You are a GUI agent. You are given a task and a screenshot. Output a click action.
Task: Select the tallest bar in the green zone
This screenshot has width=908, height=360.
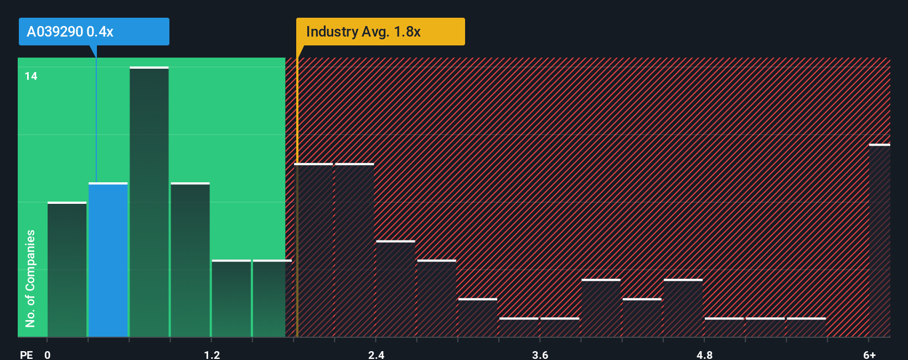coord(149,202)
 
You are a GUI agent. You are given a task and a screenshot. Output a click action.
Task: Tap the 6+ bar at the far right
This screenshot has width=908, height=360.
coord(879,240)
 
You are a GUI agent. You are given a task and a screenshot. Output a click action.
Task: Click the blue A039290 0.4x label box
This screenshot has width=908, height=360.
coord(94,32)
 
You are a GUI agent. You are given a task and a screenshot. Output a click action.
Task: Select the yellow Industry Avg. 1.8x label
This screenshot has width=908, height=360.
coord(380,32)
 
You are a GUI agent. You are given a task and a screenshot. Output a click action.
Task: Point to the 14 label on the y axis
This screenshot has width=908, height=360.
coord(31,76)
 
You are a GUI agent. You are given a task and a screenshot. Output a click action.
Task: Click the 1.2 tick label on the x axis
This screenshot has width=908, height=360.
coord(211,354)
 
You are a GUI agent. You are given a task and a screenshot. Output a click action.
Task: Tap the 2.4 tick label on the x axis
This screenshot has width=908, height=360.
coord(376,354)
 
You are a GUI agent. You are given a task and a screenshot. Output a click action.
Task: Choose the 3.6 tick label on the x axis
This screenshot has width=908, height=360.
coord(540,354)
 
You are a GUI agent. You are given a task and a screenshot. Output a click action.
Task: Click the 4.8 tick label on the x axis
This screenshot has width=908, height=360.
coord(704,354)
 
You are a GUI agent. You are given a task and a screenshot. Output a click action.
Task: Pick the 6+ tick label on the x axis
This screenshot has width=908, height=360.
coord(869,354)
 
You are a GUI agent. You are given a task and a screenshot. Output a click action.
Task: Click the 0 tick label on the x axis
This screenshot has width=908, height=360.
coord(48,354)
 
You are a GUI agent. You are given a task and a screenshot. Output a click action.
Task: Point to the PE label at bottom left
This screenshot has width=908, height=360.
coord(26,354)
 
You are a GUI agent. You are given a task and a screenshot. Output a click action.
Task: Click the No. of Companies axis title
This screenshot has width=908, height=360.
coord(30,278)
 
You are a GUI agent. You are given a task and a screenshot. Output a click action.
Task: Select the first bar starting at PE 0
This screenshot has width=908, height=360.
coord(67,269)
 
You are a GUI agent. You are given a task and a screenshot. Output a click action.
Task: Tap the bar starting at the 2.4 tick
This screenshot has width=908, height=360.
coord(395,289)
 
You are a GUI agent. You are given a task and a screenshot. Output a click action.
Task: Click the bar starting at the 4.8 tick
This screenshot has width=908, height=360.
coord(724,327)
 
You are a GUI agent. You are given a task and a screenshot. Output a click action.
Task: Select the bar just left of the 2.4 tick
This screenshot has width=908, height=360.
coord(354,250)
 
